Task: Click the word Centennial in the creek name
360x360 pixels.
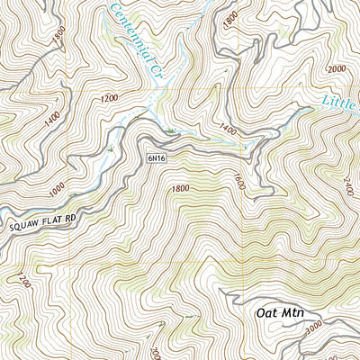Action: point(131,27)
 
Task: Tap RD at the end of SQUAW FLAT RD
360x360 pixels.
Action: point(74,213)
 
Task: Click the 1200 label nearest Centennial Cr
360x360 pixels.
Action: point(111,96)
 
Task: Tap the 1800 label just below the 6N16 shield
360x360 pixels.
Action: point(179,187)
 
